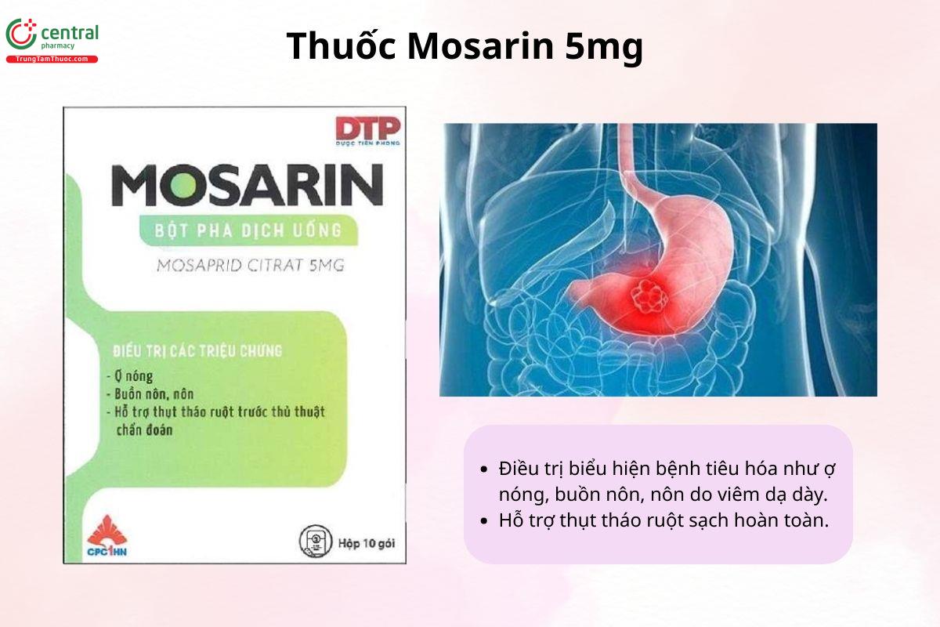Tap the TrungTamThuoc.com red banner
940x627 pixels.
pyautogui.click(x=52, y=60)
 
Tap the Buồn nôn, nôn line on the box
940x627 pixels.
pyautogui.click(x=150, y=393)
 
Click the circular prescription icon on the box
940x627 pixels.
pyautogui.click(x=314, y=542)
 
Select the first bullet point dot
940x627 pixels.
pyautogui.click(x=483, y=469)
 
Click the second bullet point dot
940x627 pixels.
pyautogui.click(x=483, y=520)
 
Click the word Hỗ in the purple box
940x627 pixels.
pyautogui.click(x=511, y=520)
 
